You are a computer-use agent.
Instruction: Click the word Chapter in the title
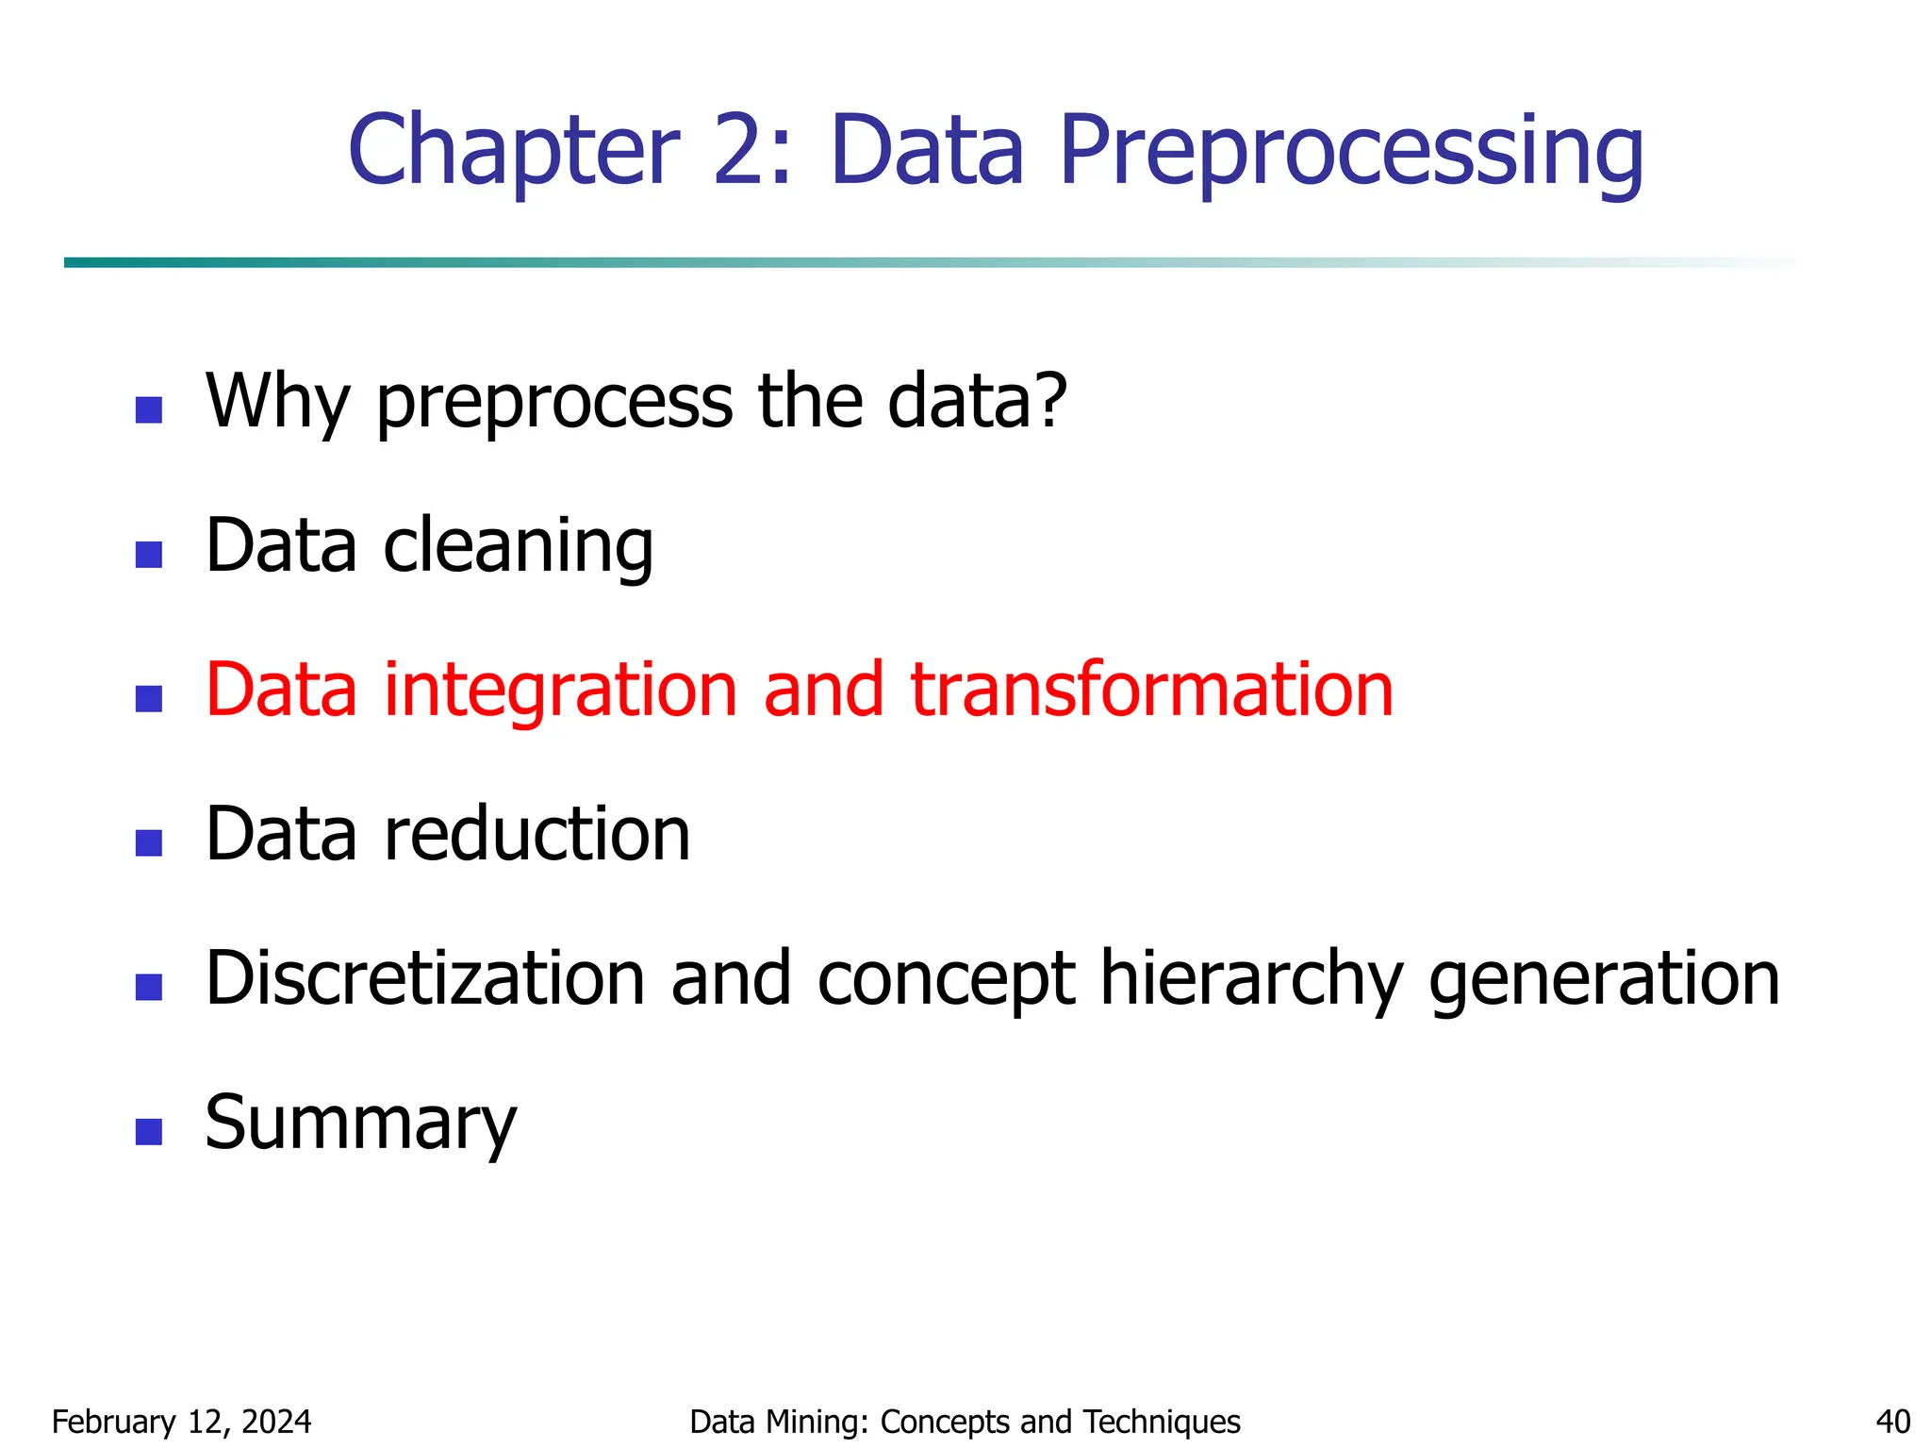514,151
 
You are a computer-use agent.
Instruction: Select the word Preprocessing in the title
1351,151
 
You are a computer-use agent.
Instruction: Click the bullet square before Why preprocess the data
149,409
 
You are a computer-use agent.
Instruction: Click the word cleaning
518,547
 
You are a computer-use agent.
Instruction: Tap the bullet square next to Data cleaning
149,554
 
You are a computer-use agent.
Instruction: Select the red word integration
560,690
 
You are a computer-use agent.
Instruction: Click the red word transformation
1151,690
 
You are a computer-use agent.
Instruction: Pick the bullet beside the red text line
149,698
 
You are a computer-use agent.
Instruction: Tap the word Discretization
425,978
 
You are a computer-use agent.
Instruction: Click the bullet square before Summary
149,1131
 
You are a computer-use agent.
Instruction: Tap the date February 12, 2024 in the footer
181,1422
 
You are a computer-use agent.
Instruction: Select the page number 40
1892,1422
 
